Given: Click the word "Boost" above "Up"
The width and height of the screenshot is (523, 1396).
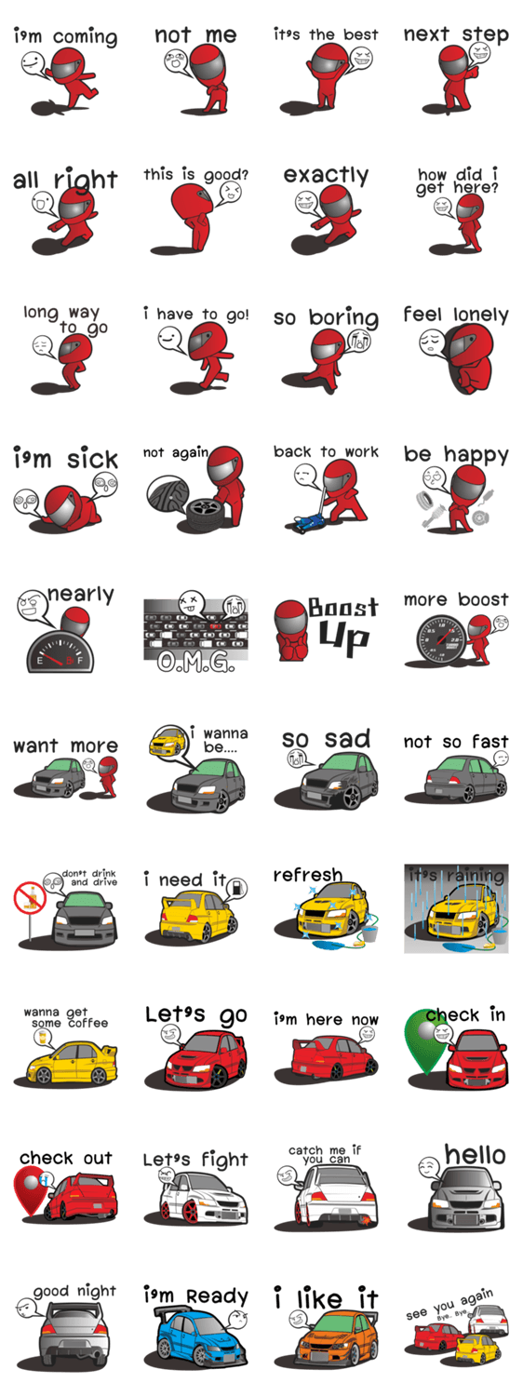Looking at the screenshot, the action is click(x=342, y=608).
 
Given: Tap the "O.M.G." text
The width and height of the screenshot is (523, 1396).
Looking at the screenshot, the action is click(x=195, y=661).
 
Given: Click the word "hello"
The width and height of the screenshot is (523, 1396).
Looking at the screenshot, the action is click(x=475, y=1155).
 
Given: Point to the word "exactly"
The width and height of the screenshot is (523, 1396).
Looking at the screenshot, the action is click(x=326, y=176).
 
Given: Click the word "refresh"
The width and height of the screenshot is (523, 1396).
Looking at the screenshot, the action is click(x=308, y=875).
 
